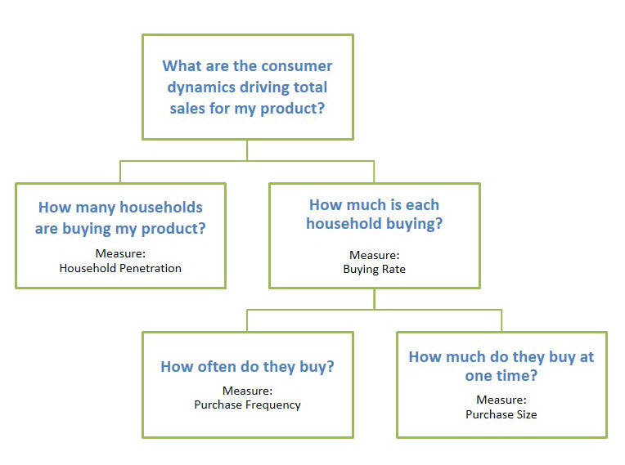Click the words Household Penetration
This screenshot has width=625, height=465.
(120, 268)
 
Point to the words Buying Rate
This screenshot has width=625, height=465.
(375, 270)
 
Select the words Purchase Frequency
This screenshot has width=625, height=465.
(248, 405)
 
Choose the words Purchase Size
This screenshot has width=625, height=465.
(501, 414)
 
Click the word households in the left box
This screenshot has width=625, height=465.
(161, 208)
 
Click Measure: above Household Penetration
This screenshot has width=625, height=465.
(120, 253)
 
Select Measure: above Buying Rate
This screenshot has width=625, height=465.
(375, 255)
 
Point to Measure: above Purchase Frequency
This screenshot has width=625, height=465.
(248, 391)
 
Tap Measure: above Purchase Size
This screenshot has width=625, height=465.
(501, 400)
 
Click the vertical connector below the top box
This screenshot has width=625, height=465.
(247, 150)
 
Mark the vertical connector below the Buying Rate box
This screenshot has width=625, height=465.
(375, 299)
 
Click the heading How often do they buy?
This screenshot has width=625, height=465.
(248, 367)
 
